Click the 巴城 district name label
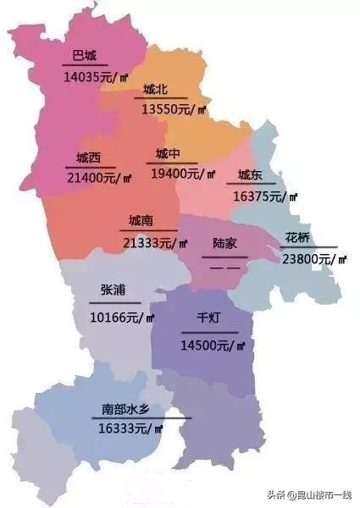[84, 57]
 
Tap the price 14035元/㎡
[96, 77]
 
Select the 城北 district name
[156, 90]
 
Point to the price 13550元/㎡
[174, 109]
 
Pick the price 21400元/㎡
[99, 178]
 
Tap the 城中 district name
[168, 154]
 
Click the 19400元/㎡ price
[183, 174]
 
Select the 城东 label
[250, 175]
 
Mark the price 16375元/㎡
[266, 196]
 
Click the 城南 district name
[141, 221]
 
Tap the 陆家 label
[224, 244]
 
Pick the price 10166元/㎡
[122, 317]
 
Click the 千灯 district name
[208, 319]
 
